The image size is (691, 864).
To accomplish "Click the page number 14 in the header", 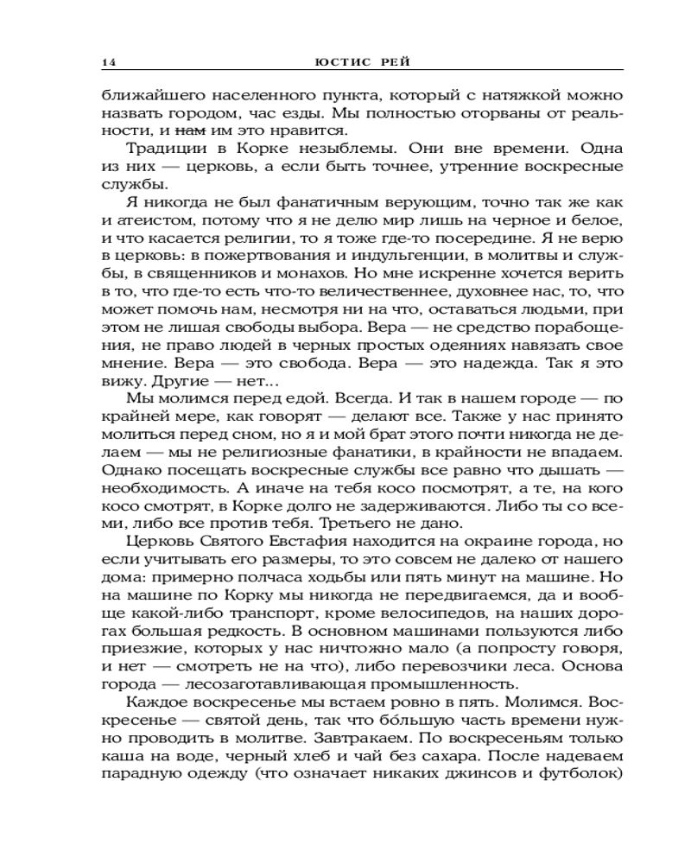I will (106, 62).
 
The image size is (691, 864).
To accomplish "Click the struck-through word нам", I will (188, 130).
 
